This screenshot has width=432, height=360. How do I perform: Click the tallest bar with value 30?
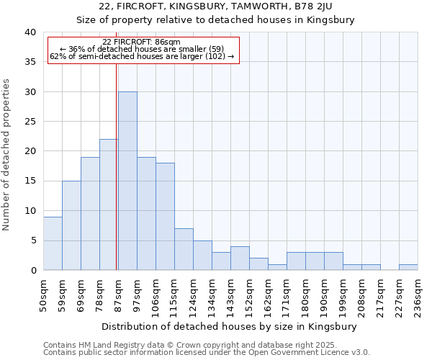127,181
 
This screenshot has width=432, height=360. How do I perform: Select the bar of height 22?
109,204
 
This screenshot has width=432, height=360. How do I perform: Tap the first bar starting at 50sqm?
53,243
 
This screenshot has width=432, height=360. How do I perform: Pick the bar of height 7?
184,249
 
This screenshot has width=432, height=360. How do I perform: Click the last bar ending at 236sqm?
408,267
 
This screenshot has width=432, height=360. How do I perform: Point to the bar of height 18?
165,216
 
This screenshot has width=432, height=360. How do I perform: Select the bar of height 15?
71,225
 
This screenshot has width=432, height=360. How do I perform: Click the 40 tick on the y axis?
30,32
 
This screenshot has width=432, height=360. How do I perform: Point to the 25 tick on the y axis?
30,122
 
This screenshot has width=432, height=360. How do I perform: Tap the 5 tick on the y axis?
33,240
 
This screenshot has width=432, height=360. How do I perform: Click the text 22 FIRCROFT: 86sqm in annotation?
141,42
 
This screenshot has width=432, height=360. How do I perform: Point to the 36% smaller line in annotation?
141,49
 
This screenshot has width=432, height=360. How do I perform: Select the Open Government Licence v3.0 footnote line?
207,352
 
